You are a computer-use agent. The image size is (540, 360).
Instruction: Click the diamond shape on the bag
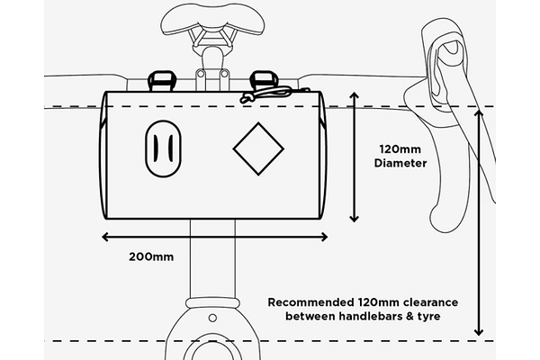pyautogui.click(x=258, y=148)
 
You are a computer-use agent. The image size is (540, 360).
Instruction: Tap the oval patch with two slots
pyautogui.click(x=163, y=148)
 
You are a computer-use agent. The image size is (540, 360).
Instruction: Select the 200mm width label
pyautogui.click(x=151, y=256)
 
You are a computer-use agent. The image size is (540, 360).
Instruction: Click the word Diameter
pyautogui.click(x=400, y=163)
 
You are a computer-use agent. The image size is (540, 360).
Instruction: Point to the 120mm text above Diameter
pyautogui.click(x=400, y=149)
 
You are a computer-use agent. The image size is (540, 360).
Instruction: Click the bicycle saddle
pyautogui.click(x=213, y=19)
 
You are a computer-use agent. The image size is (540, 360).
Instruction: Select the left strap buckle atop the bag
pyautogui.click(x=161, y=81)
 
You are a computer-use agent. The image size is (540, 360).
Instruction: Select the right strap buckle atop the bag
pyautogui.click(x=264, y=81)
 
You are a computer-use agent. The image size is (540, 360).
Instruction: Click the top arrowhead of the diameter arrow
pyautogui.click(x=354, y=95)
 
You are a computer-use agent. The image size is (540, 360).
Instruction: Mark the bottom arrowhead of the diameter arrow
pyautogui.click(x=354, y=219)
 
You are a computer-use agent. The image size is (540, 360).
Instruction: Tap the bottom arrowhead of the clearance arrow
pyautogui.click(x=479, y=332)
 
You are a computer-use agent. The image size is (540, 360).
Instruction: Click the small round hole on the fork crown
pyautogui.click(x=212, y=318)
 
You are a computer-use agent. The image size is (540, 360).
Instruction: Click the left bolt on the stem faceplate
pyautogui.click(x=201, y=74)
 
